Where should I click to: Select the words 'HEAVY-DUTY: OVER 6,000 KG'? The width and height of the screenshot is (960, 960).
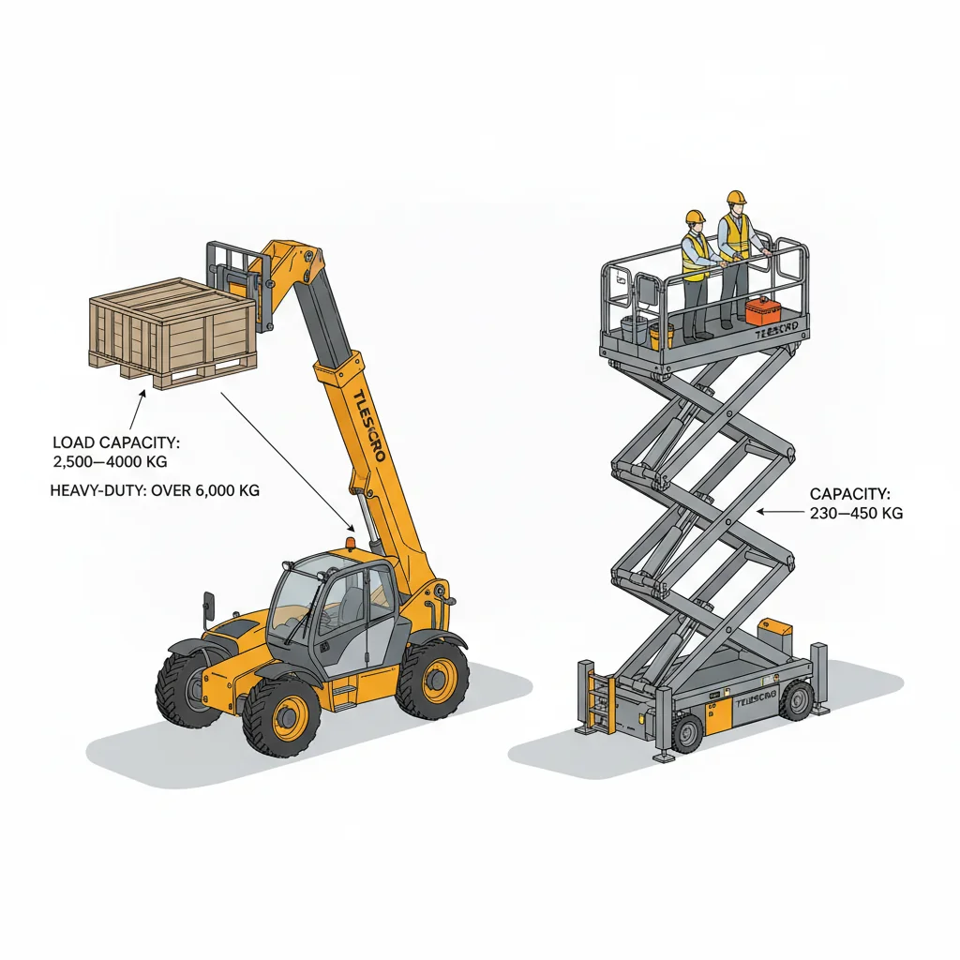(x=155, y=490)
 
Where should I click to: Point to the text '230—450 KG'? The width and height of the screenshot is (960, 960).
(x=855, y=513)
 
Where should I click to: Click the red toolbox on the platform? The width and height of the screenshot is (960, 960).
(x=762, y=310)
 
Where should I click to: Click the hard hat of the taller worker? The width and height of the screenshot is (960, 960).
(x=736, y=197)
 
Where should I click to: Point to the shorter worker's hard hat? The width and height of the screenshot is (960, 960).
(x=695, y=217)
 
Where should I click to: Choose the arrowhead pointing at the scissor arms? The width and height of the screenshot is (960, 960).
(x=759, y=512)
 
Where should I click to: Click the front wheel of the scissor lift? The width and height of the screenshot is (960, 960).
(x=687, y=732)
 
